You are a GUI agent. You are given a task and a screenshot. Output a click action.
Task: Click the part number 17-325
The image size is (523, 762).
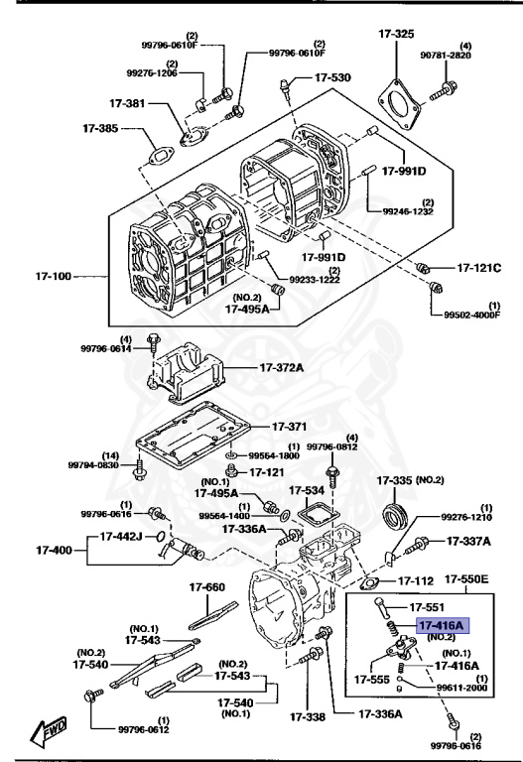click(396, 34)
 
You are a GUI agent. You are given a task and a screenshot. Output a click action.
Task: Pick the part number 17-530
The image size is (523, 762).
click(331, 77)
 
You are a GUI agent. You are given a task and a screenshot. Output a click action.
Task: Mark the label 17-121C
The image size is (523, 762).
click(479, 268)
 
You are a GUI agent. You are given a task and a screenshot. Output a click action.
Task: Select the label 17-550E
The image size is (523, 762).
click(470, 578)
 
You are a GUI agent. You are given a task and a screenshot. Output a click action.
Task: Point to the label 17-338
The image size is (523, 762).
click(308, 715)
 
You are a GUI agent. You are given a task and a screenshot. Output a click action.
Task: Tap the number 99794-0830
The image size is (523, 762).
click(93, 464)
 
